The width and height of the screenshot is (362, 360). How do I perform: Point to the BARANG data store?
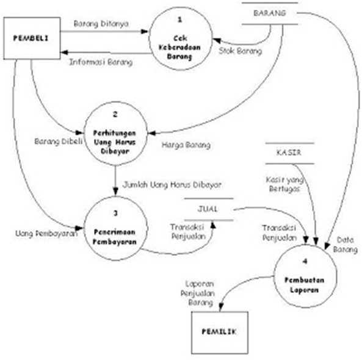[269, 13]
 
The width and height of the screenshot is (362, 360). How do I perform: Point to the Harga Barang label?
[186, 145]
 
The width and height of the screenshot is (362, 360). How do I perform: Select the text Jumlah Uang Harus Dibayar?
[172, 183]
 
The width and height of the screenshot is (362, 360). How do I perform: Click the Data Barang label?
[345, 245]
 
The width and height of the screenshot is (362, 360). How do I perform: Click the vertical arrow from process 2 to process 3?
[115, 180]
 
